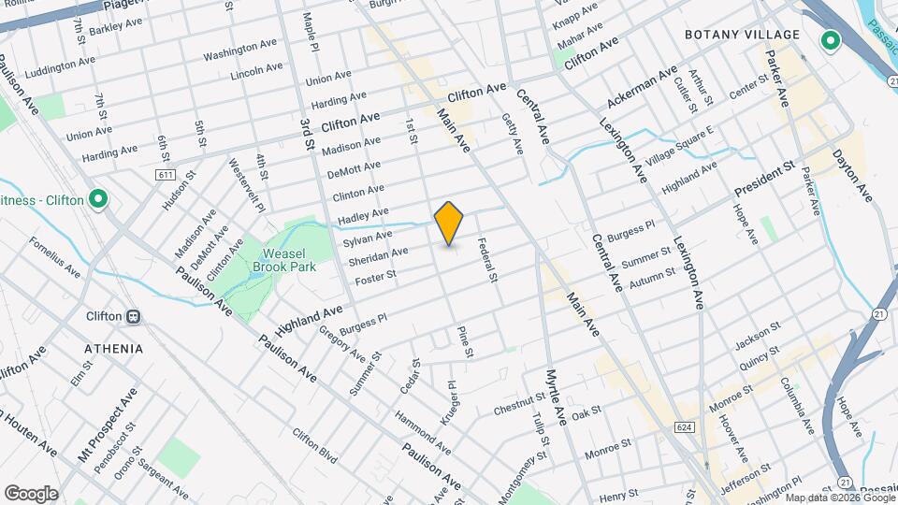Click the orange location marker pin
[449, 224]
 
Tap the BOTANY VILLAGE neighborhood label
[742, 35]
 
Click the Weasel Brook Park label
[283, 259]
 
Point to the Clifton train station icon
[134, 316]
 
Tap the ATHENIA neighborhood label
[113, 349]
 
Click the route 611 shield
[167, 175]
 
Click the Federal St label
[485, 259]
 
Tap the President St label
[764, 178]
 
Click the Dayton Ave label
[851, 175]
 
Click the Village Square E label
[679, 145]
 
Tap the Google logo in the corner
[31, 493]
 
